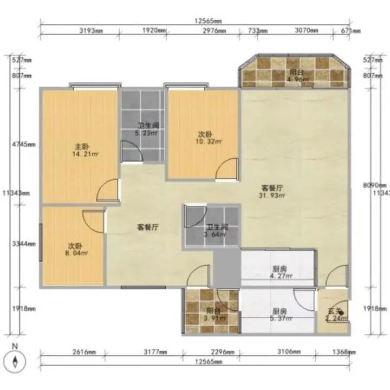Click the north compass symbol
coord(16,360)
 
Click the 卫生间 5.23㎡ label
coord(147,128)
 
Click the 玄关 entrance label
coord(334,315)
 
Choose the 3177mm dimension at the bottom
coord(154,352)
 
